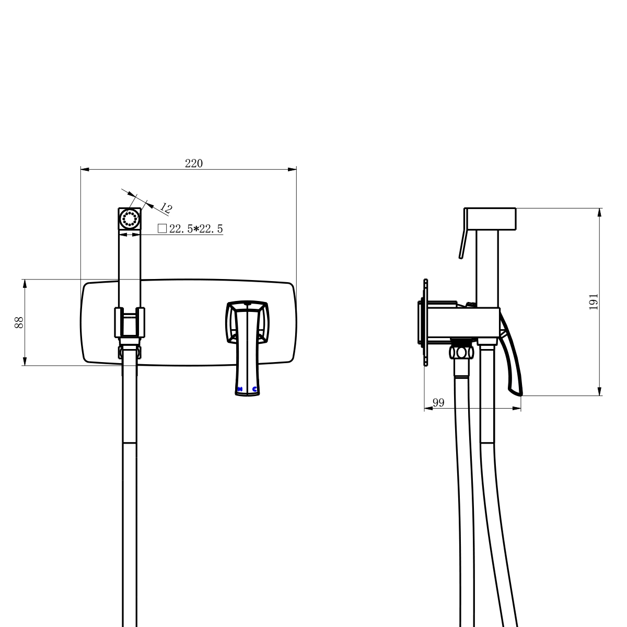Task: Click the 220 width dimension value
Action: point(194,164)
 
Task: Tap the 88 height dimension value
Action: point(19,322)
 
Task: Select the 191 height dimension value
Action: point(594,301)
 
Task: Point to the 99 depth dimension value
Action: point(438,403)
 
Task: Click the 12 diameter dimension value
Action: point(166,208)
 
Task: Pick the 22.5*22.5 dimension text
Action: point(196,229)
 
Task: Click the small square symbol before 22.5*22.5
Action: point(162,228)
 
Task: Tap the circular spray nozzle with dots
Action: point(130,218)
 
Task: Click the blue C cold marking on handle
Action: point(254,389)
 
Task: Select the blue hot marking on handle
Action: point(240,389)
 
